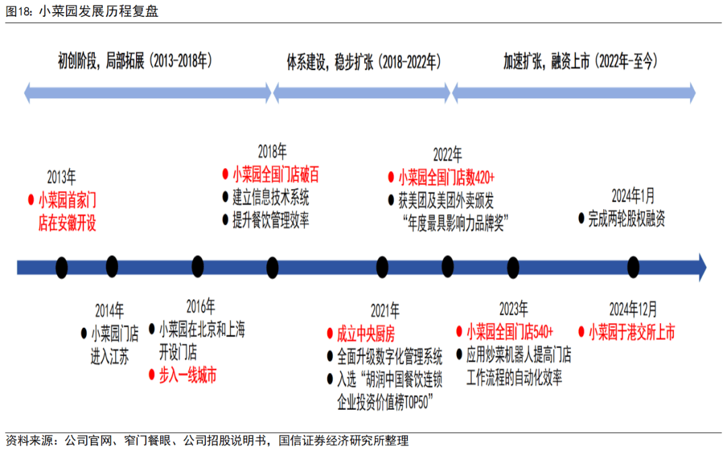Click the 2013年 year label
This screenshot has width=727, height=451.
62,177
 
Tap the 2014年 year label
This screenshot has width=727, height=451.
110,310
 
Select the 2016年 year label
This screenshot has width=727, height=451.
201,306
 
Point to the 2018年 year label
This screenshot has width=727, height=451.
272,151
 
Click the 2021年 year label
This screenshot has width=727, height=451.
385,310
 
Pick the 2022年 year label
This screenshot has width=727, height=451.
448,154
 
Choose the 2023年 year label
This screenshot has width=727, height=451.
513,309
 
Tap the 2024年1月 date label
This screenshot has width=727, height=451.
633,196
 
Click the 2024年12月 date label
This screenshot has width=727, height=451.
633,309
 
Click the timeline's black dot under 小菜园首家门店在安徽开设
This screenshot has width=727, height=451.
62,267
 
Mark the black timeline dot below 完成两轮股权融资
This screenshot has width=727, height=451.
633,267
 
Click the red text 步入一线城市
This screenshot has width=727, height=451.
187,375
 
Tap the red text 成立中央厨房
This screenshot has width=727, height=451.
366,333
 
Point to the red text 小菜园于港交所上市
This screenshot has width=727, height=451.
631,332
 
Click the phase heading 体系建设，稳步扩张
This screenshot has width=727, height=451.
329,62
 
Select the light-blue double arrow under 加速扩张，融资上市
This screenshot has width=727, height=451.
574,93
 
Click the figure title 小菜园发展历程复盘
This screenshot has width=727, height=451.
99,11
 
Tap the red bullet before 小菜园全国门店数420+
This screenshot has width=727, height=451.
391,176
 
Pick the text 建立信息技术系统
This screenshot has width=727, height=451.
271,197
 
